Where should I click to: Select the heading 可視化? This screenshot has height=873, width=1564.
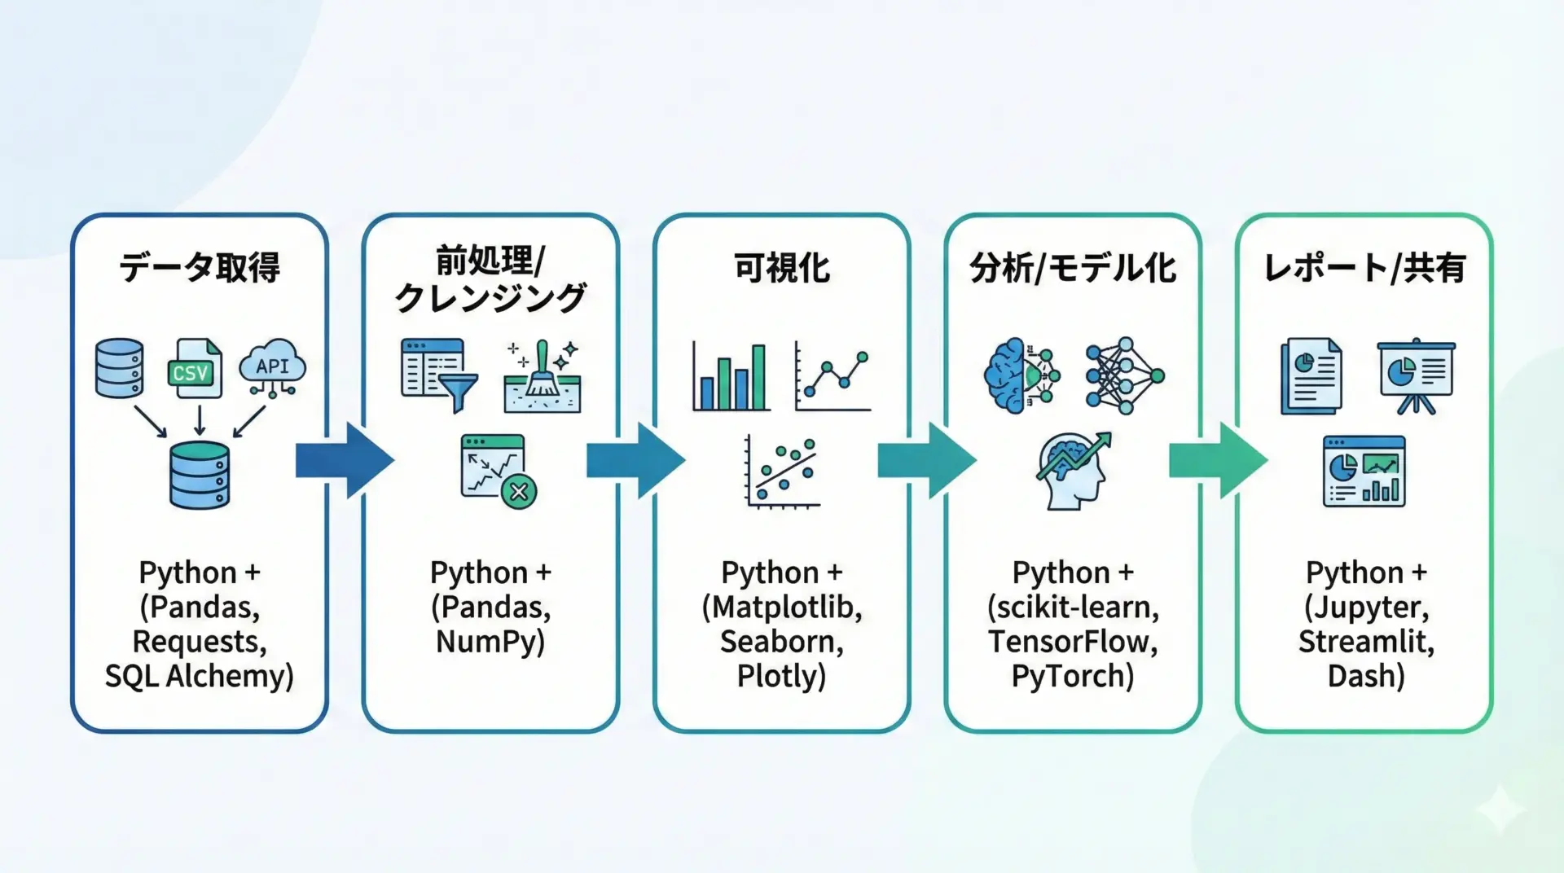(x=781, y=268)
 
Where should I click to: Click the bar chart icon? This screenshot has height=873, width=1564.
(x=731, y=375)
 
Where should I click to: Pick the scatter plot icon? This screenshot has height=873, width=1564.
(x=782, y=472)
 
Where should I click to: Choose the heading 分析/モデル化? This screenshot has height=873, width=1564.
(x=1073, y=268)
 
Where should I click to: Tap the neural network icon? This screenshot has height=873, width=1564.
(x=1124, y=375)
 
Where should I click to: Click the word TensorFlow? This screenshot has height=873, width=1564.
(x=1072, y=642)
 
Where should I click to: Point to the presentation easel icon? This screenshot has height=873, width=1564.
(x=1416, y=375)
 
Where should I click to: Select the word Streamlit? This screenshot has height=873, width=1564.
(x=1365, y=642)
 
